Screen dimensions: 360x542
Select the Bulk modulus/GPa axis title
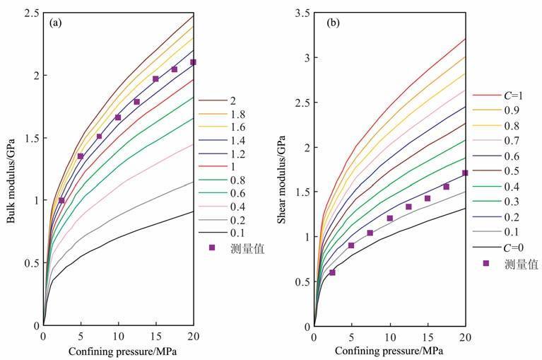tap(12, 168)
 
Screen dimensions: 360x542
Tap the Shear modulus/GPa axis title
tap(283, 168)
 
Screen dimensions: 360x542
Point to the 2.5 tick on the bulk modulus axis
tap(30, 13)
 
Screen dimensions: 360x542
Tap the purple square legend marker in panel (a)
tap(211, 248)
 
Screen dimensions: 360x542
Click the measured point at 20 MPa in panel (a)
tap(193, 62)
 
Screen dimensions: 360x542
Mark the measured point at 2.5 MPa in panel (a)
tap(62, 200)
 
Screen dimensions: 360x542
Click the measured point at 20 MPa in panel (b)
tap(465, 173)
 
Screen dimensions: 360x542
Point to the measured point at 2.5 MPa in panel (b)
tap(333, 272)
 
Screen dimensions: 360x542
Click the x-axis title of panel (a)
tap(118, 351)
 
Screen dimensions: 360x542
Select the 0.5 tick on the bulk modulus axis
tap(30, 263)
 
